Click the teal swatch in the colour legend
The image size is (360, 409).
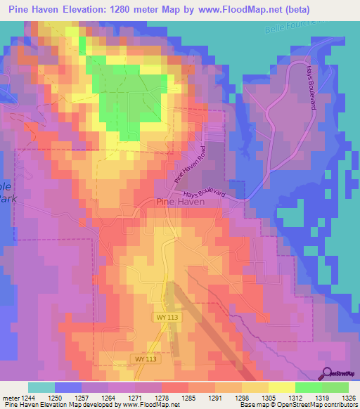coord(41,387)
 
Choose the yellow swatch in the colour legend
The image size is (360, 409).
coord(281,387)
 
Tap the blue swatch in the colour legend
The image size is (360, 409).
coord(68,387)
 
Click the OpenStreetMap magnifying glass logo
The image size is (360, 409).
coord(328,374)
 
